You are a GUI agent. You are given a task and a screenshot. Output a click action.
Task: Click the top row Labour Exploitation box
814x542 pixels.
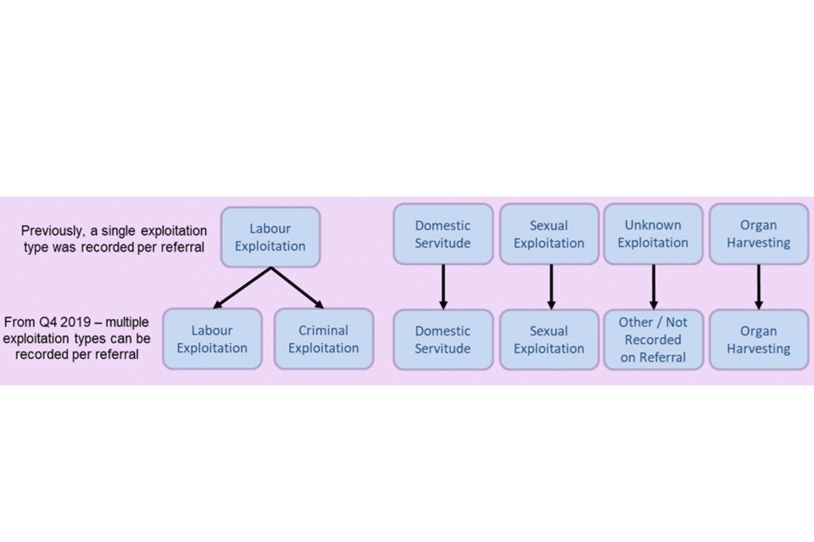(x=270, y=237)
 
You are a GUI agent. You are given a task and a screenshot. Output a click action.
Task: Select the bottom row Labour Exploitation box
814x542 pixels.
(x=212, y=339)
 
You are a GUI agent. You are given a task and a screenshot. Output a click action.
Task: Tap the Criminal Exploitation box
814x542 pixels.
(x=323, y=339)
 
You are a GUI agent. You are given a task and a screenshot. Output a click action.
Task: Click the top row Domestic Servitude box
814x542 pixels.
(x=443, y=234)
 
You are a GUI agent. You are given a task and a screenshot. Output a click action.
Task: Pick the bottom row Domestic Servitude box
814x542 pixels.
(x=443, y=340)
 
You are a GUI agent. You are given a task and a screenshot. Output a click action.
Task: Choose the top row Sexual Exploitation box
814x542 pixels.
(x=549, y=234)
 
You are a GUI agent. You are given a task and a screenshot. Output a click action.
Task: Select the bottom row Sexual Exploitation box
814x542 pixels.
(x=549, y=340)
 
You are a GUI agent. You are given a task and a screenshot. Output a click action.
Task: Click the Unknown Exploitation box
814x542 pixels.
(x=653, y=234)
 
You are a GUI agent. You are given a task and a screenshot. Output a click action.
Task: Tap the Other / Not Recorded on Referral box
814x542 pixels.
(x=653, y=340)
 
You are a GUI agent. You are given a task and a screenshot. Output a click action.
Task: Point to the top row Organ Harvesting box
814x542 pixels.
(x=758, y=234)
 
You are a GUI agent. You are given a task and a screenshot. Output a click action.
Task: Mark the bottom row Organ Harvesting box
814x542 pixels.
(x=758, y=340)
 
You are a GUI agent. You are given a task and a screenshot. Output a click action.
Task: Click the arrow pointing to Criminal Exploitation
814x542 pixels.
(x=298, y=288)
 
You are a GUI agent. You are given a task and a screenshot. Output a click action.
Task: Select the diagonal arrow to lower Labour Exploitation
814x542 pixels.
(x=242, y=288)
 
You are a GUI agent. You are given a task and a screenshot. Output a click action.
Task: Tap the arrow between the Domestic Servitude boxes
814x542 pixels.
(x=443, y=286)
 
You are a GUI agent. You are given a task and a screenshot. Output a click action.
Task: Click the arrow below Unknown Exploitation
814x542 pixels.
(x=653, y=286)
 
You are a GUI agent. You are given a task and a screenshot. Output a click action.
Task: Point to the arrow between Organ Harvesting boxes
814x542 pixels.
(x=758, y=286)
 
